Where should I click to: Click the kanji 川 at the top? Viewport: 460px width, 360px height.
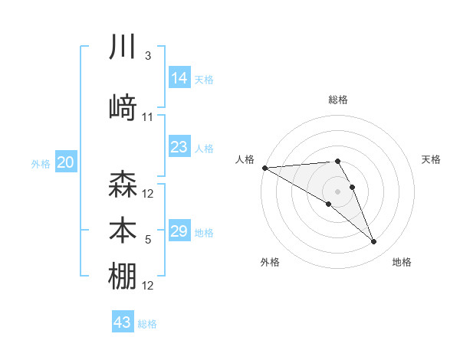(x=123, y=47)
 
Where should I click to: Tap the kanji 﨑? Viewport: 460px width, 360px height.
(x=123, y=108)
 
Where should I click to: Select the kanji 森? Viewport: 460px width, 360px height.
(x=123, y=185)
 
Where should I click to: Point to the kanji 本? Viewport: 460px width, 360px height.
(x=123, y=231)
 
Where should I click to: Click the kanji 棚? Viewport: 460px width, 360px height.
(x=123, y=277)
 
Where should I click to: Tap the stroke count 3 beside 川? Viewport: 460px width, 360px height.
(x=148, y=56)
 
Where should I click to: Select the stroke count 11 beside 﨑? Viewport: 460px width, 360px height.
(x=148, y=117)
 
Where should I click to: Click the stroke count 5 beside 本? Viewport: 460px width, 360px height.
(x=148, y=240)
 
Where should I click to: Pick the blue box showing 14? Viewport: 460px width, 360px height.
(x=179, y=78)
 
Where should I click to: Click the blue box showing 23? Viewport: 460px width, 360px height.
(x=179, y=147)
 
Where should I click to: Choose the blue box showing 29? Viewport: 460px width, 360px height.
(x=179, y=231)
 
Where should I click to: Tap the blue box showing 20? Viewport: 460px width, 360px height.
(x=66, y=162)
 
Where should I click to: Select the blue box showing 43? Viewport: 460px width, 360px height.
(x=123, y=322)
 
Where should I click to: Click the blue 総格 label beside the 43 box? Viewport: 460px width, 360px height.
(x=147, y=324)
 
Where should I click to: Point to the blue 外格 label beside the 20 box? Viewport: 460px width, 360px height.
(x=41, y=164)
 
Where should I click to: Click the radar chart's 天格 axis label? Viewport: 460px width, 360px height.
(x=432, y=159)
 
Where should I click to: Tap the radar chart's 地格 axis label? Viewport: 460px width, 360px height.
(x=402, y=263)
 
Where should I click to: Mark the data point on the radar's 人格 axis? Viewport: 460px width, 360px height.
(x=264, y=167)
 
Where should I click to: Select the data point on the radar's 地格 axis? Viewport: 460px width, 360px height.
(x=373, y=242)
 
